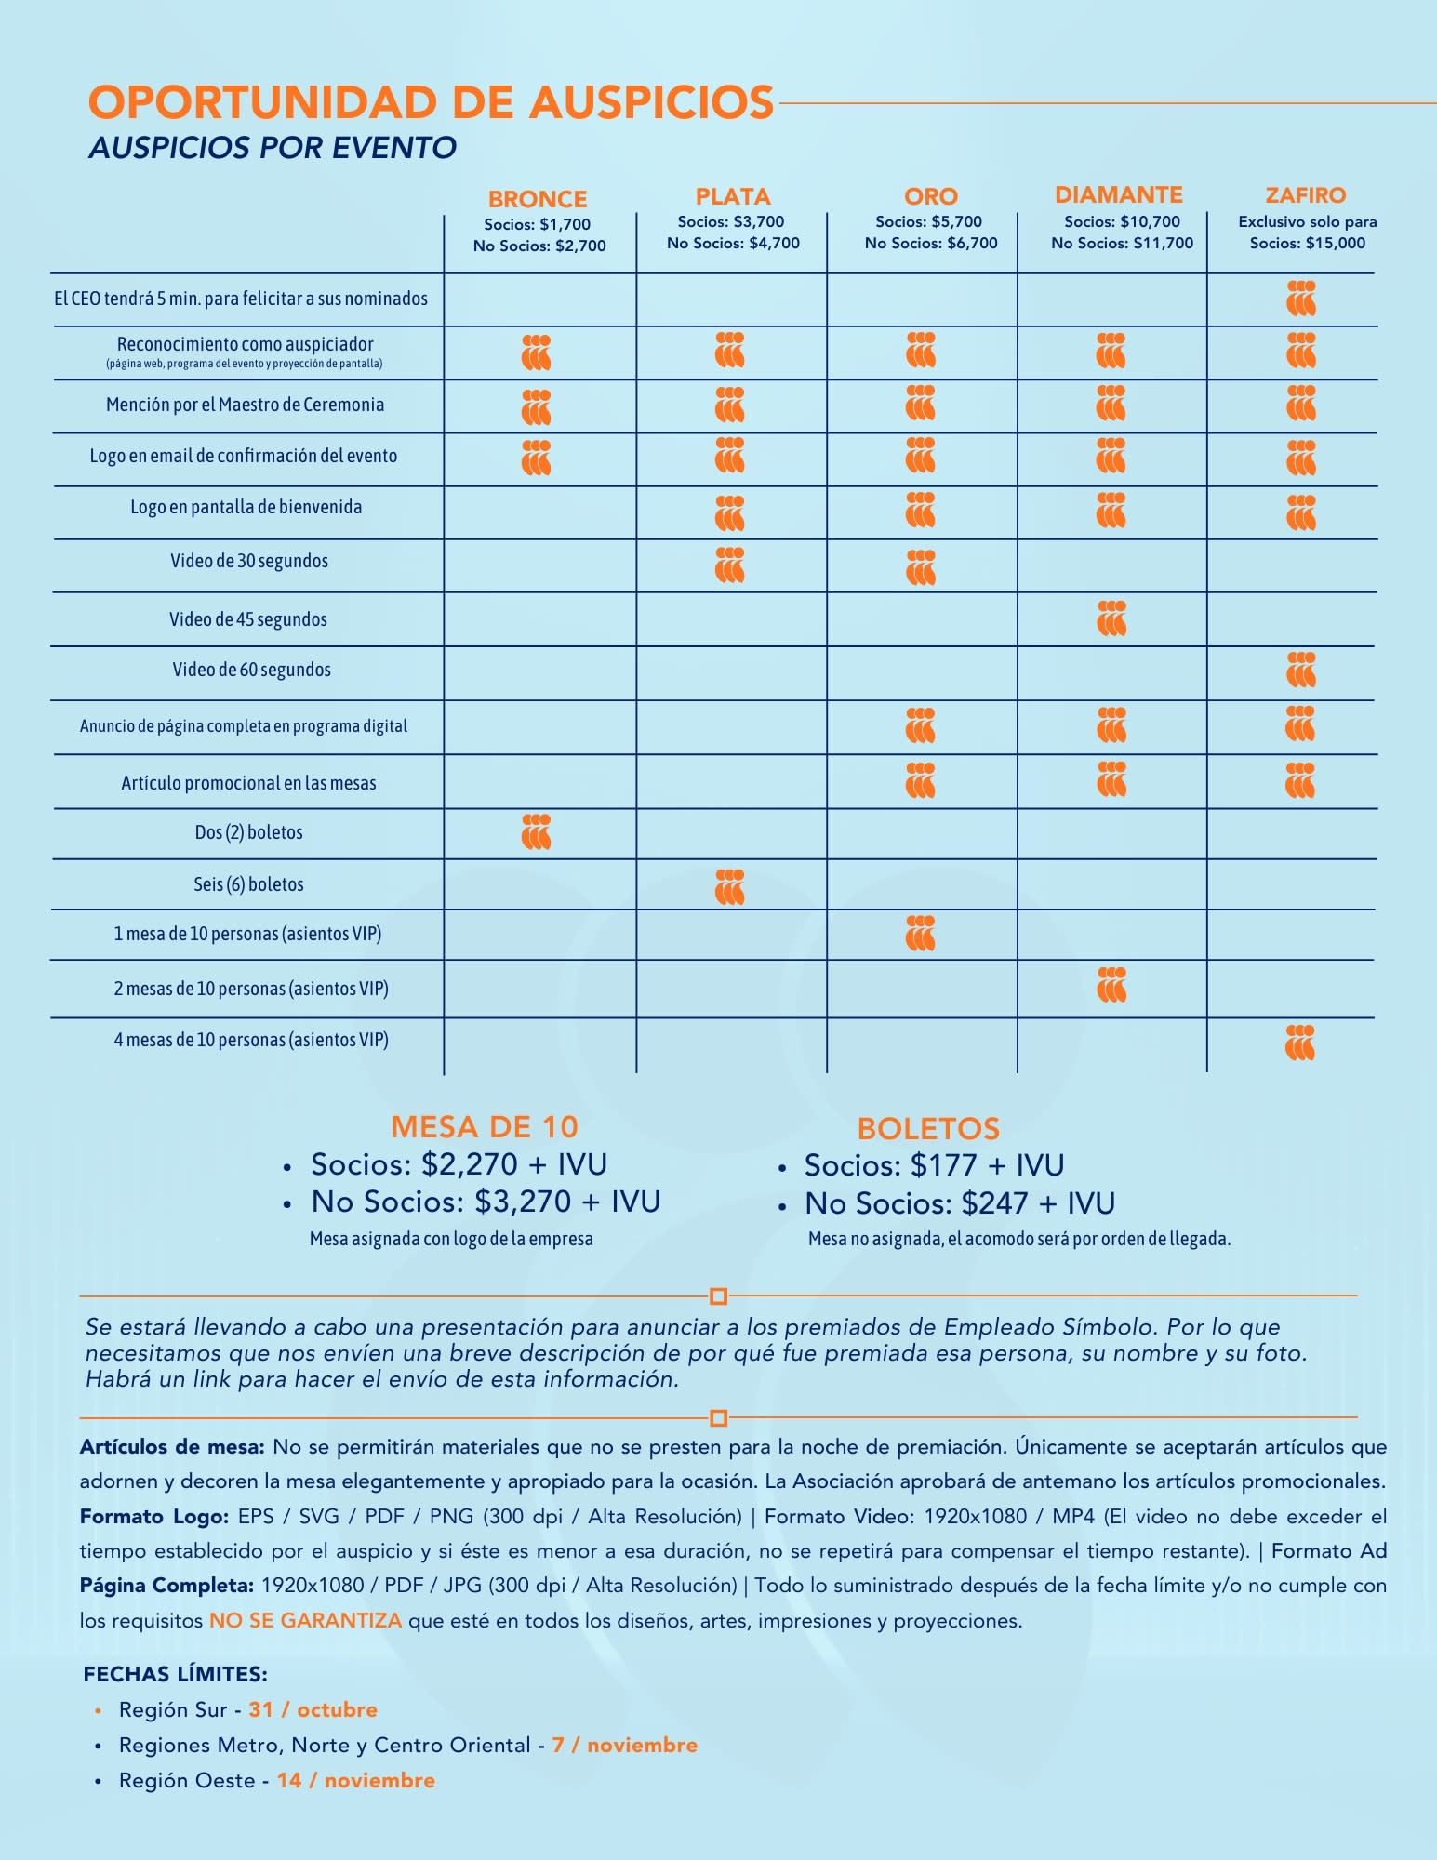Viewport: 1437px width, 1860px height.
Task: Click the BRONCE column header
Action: [538, 199]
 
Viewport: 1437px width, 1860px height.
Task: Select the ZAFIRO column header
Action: [1306, 195]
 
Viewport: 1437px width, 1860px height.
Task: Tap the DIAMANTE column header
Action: [1119, 194]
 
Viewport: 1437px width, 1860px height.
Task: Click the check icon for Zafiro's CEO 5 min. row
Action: [1301, 299]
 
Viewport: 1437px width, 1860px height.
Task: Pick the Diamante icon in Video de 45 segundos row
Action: [1111, 618]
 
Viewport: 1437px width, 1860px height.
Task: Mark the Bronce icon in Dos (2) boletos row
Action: [537, 832]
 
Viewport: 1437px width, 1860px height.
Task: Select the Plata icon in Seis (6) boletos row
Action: [730, 886]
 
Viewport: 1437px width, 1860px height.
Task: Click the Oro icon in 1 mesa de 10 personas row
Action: [920, 934]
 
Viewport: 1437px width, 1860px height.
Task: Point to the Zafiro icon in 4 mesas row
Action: [1300, 1043]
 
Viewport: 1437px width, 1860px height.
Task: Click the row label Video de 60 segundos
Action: [251, 670]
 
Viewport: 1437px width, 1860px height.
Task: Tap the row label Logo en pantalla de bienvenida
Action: [246, 507]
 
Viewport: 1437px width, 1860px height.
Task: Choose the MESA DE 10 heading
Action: [485, 1127]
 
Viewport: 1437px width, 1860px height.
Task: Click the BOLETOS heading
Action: [928, 1129]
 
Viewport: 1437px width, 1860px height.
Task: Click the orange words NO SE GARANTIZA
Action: [305, 1621]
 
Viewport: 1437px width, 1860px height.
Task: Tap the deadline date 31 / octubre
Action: [313, 1709]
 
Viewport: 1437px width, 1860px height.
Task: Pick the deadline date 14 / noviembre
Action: [355, 1780]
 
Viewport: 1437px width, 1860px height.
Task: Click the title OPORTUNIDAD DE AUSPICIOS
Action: [431, 102]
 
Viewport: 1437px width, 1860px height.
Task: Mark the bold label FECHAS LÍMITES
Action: [176, 1674]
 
